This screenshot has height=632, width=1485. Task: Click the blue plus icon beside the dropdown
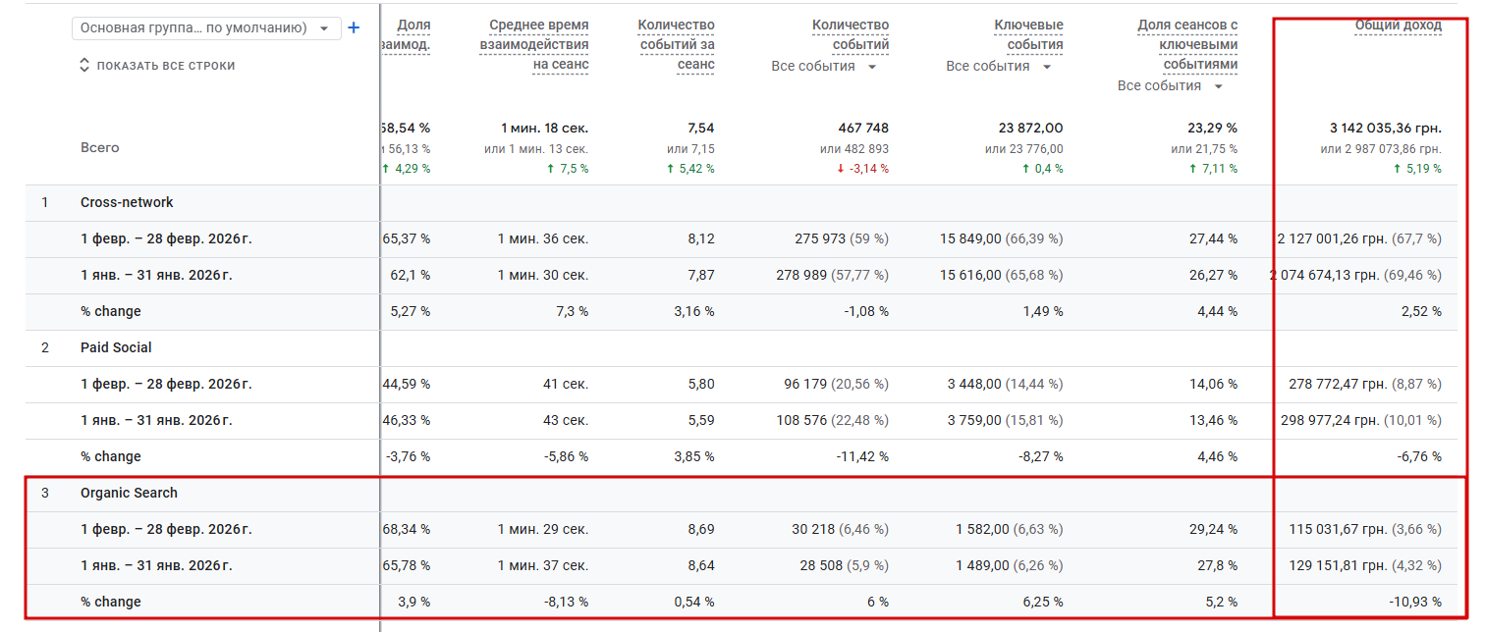click(354, 27)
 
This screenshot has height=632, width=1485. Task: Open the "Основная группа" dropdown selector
click(206, 28)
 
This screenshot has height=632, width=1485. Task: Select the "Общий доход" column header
click(1398, 26)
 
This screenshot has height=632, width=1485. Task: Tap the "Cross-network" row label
click(127, 202)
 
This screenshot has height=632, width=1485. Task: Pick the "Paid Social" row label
click(116, 347)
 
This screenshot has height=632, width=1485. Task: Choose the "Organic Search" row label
click(129, 493)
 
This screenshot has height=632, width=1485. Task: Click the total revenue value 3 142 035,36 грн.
click(1385, 128)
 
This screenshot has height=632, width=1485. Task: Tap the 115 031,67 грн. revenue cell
click(1339, 529)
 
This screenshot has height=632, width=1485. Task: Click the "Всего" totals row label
click(99, 147)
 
